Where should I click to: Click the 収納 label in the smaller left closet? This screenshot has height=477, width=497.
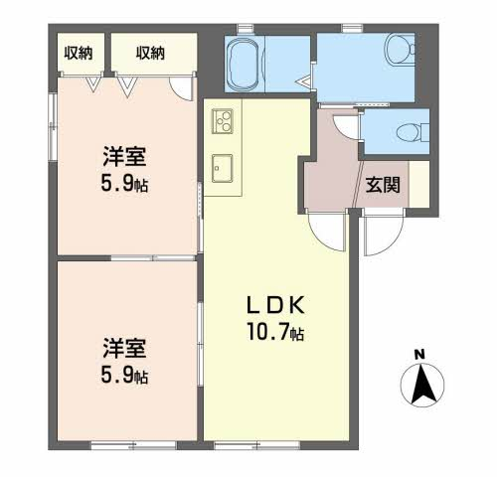pos(79,53)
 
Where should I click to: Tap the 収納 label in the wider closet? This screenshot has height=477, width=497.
pos(150,53)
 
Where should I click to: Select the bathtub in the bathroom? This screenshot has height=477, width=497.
pos(245,64)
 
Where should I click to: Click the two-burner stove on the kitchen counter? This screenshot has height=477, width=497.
pos(223,121)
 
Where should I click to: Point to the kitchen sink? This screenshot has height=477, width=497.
pos(223,168)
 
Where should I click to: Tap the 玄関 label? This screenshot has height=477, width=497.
pos(383,185)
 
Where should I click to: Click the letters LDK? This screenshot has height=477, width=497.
pos(275,305)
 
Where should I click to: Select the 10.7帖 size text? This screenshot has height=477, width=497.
pos(275,332)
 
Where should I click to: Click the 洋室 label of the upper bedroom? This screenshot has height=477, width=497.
pos(124,156)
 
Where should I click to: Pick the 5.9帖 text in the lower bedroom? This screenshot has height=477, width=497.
pos(124,376)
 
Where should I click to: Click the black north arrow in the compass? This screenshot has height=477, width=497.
pos(422,385)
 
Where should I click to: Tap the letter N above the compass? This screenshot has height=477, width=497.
pos(420,355)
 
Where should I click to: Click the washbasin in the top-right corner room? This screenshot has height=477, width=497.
pos(400,49)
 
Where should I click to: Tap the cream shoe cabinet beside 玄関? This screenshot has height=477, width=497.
pos(419,184)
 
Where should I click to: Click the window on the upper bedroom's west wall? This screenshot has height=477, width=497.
pos(53,127)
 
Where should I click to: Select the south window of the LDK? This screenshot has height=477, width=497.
pos(257,445)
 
